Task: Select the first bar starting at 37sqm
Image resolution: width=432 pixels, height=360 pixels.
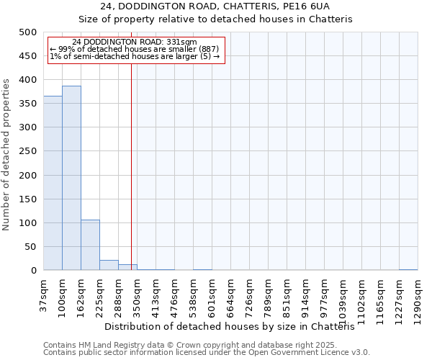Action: click(x=53, y=183)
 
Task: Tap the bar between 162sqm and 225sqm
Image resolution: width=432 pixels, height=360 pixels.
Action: click(x=90, y=245)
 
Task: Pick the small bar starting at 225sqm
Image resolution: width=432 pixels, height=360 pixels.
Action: click(x=109, y=265)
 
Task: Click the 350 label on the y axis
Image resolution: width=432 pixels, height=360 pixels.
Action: click(x=28, y=104)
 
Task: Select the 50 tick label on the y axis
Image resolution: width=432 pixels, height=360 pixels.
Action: click(x=31, y=247)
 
